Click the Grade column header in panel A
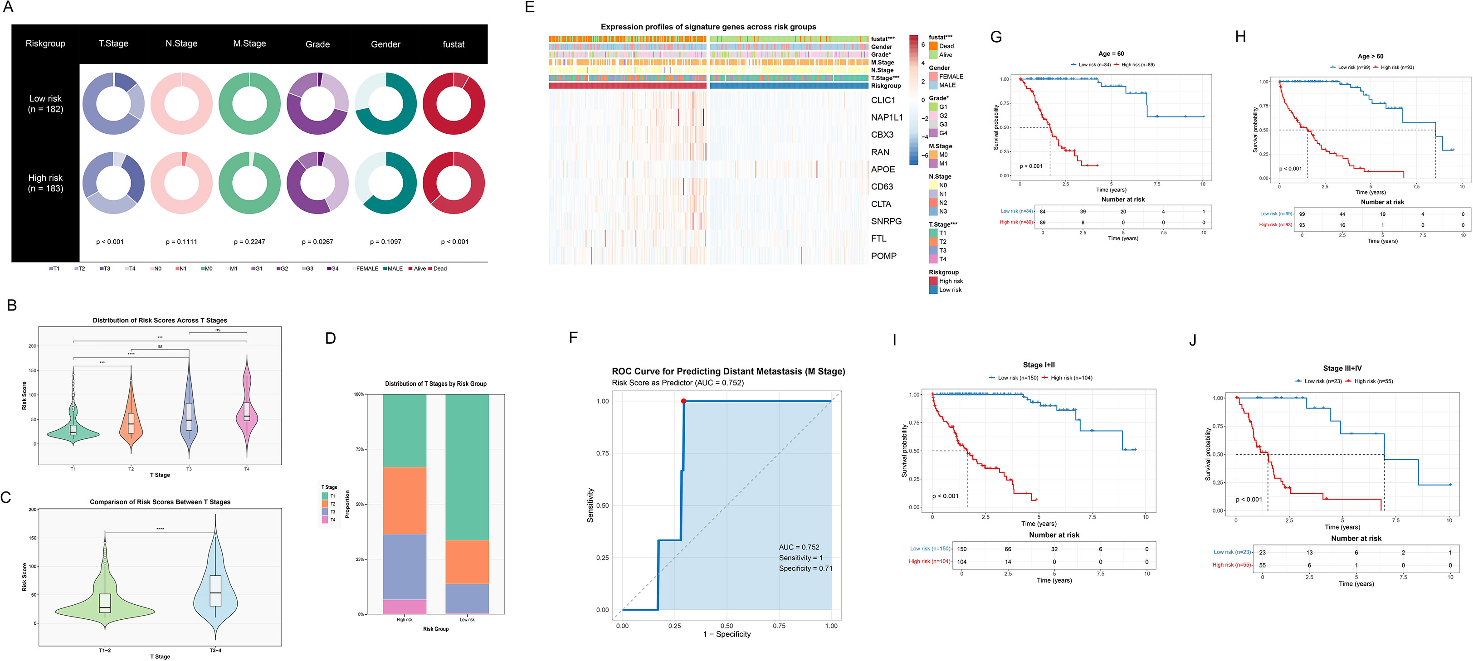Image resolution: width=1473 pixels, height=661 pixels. point(317,44)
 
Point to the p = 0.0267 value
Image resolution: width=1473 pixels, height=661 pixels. point(317,242)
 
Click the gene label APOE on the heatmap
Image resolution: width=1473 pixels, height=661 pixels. point(883,169)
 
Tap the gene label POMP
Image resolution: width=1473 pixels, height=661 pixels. point(883,256)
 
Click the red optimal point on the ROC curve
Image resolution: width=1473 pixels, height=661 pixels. point(683,401)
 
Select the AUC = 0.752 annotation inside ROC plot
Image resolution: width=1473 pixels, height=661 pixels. point(799,547)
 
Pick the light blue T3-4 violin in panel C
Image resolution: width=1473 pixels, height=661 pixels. point(215,595)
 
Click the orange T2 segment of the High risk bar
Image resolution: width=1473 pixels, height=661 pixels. point(404,501)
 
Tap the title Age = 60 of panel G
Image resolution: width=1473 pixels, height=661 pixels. point(1111,54)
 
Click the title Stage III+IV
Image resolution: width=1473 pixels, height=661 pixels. point(1342,368)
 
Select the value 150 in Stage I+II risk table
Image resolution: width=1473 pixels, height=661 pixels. point(962,549)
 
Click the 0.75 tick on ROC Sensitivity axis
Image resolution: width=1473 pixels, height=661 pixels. point(602,453)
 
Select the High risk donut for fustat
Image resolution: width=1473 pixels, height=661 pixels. point(454,183)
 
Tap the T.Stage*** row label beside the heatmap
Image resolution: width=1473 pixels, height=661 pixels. point(885,78)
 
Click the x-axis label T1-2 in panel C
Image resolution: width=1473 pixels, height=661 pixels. point(105,651)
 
